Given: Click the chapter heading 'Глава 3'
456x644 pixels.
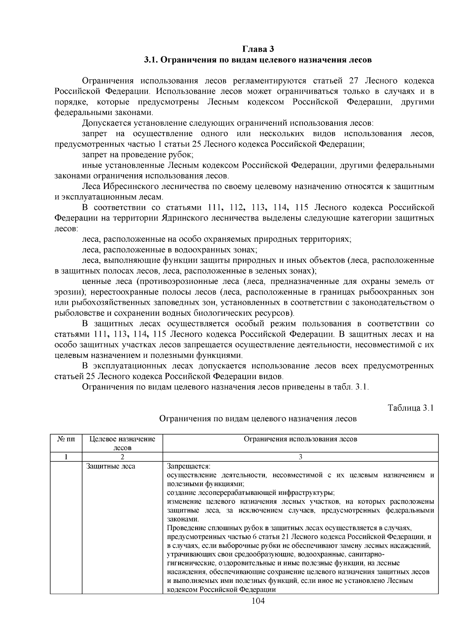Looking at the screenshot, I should pyautogui.click(x=258, y=49).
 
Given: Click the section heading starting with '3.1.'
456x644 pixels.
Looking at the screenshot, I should pyautogui.click(x=258, y=60).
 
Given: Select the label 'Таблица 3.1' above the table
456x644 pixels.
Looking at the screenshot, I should pyautogui.click(x=410, y=408).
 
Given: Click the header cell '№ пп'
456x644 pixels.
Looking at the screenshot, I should pyautogui.click(x=66, y=439).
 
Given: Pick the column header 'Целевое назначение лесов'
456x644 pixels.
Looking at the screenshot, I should pyautogui.click(x=122, y=443).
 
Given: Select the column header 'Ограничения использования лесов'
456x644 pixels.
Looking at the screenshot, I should pyautogui.click(x=300, y=439).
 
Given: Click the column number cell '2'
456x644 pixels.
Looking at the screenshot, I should pyautogui.click(x=122, y=457).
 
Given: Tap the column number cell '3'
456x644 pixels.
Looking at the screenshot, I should pyautogui.click(x=300, y=457).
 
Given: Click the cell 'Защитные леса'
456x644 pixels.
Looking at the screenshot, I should pyautogui.click(x=111, y=466).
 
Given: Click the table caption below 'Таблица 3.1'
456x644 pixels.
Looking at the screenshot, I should pyautogui.click(x=258, y=419).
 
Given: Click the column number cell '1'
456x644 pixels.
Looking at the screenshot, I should pyautogui.click(x=66, y=457).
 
